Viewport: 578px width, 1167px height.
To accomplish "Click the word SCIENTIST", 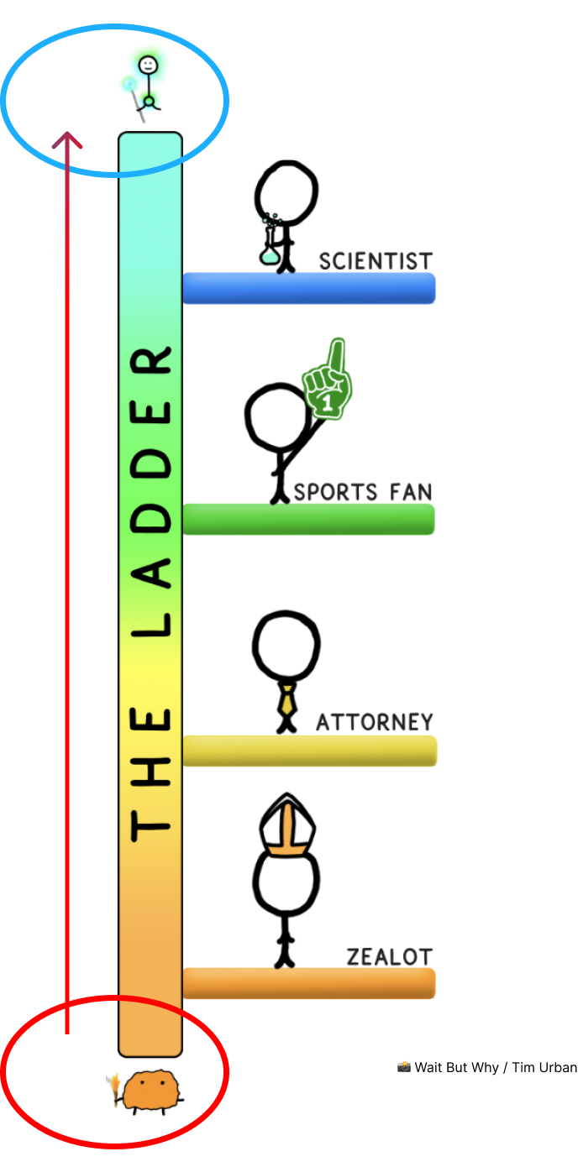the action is coord(376,261).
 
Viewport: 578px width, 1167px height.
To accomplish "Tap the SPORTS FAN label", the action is coord(362,491).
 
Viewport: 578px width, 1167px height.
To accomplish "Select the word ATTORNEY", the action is coord(374,722).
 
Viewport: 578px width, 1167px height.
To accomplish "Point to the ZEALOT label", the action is coord(389,956).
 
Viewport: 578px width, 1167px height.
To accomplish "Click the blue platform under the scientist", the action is coord(308,288).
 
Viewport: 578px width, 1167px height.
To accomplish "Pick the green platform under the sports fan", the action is coord(308,519).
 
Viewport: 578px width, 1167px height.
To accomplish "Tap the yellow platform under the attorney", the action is coord(309,751).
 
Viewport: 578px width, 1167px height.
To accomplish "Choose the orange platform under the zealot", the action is coord(308,983).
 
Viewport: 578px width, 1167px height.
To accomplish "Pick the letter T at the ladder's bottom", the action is coord(150,822).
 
